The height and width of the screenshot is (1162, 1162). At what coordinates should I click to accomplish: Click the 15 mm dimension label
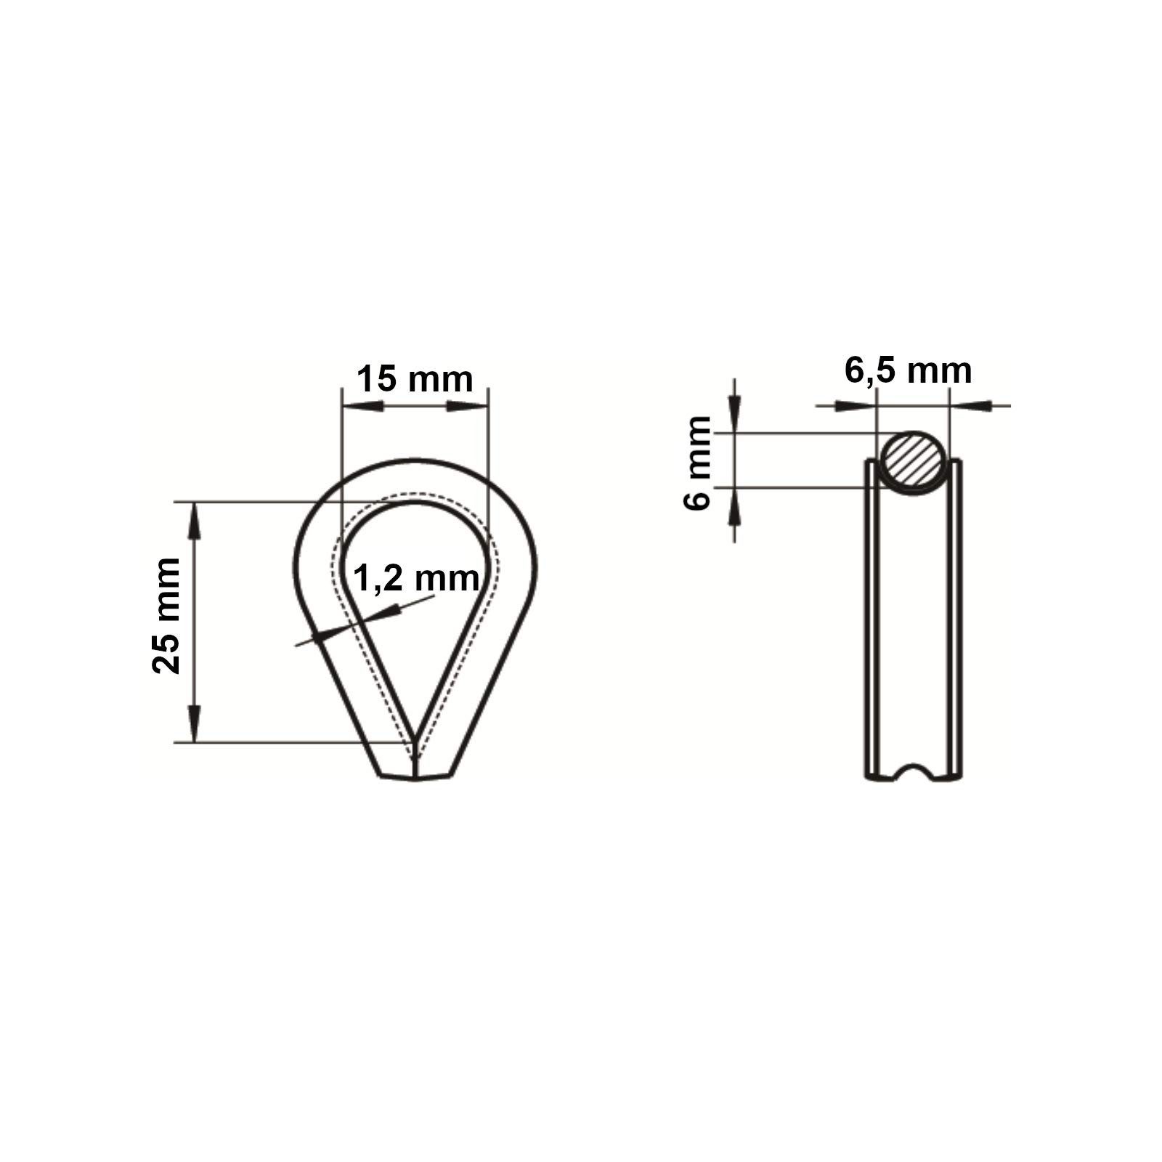pyautogui.click(x=415, y=379)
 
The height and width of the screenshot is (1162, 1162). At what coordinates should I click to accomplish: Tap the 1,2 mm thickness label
pyautogui.click(x=416, y=579)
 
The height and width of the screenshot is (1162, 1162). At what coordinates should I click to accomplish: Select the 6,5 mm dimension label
pyautogui.click(x=908, y=370)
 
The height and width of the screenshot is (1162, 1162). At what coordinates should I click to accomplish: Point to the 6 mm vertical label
pyautogui.click(x=699, y=463)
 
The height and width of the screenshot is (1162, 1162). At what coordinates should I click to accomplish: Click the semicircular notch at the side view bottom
pyautogui.click(x=914, y=771)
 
